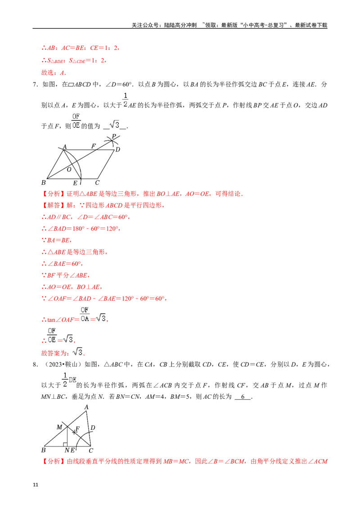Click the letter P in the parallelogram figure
pyautogui.click(x=114, y=136)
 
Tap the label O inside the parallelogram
pyautogui.click(x=69, y=170)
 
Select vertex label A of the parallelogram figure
pyautogui.click(x=64, y=147)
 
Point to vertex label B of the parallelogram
pyautogui.click(x=44, y=183)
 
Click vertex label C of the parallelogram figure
pyautogui.click(x=97, y=183)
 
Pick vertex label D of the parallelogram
pyautogui.click(x=117, y=149)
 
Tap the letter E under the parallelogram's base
pyautogui.click(x=75, y=183)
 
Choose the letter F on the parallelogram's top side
pyautogui.click(x=94, y=146)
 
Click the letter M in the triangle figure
pyautogui.click(x=59, y=427)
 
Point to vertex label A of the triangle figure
pyautogui.click(x=86, y=407)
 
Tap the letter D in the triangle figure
pyautogui.click(x=92, y=428)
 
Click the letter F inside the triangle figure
pyautogui.click(x=77, y=429)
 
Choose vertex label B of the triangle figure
pyautogui.click(x=44, y=450)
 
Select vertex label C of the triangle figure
pyautogui.click(x=91, y=451)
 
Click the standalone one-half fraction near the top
pyautogui.click(x=125, y=99)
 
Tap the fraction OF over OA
pyautogui.click(x=85, y=314)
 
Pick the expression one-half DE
pyautogui.click(x=70, y=380)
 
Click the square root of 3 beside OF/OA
pyautogui.click(x=102, y=318)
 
